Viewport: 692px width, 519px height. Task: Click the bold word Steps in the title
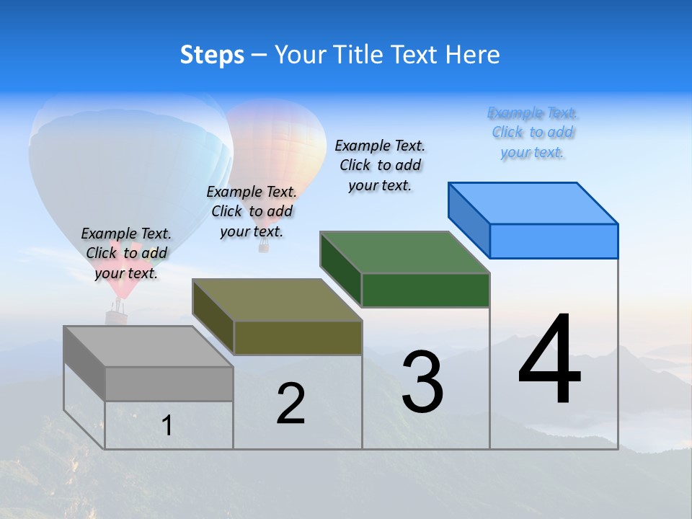click(x=212, y=55)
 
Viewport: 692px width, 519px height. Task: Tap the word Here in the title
click(x=472, y=55)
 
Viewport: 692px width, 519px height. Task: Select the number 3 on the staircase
click(x=422, y=381)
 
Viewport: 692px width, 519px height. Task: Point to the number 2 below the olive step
click(x=290, y=404)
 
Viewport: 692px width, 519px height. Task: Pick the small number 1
click(x=167, y=425)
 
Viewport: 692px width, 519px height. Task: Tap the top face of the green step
click(x=405, y=252)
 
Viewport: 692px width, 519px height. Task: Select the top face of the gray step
click(x=148, y=347)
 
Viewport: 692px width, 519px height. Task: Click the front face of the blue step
click(x=554, y=241)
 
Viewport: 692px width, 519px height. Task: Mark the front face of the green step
click(x=425, y=290)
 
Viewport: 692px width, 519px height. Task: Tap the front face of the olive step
click(x=298, y=337)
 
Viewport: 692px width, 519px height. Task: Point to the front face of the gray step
click(x=169, y=383)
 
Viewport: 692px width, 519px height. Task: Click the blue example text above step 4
click(x=533, y=133)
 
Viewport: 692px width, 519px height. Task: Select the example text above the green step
click(x=380, y=165)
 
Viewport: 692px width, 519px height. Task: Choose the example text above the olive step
click(x=252, y=211)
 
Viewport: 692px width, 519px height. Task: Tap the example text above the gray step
click(x=126, y=253)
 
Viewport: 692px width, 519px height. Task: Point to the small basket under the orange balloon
click(x=264, y=247)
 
